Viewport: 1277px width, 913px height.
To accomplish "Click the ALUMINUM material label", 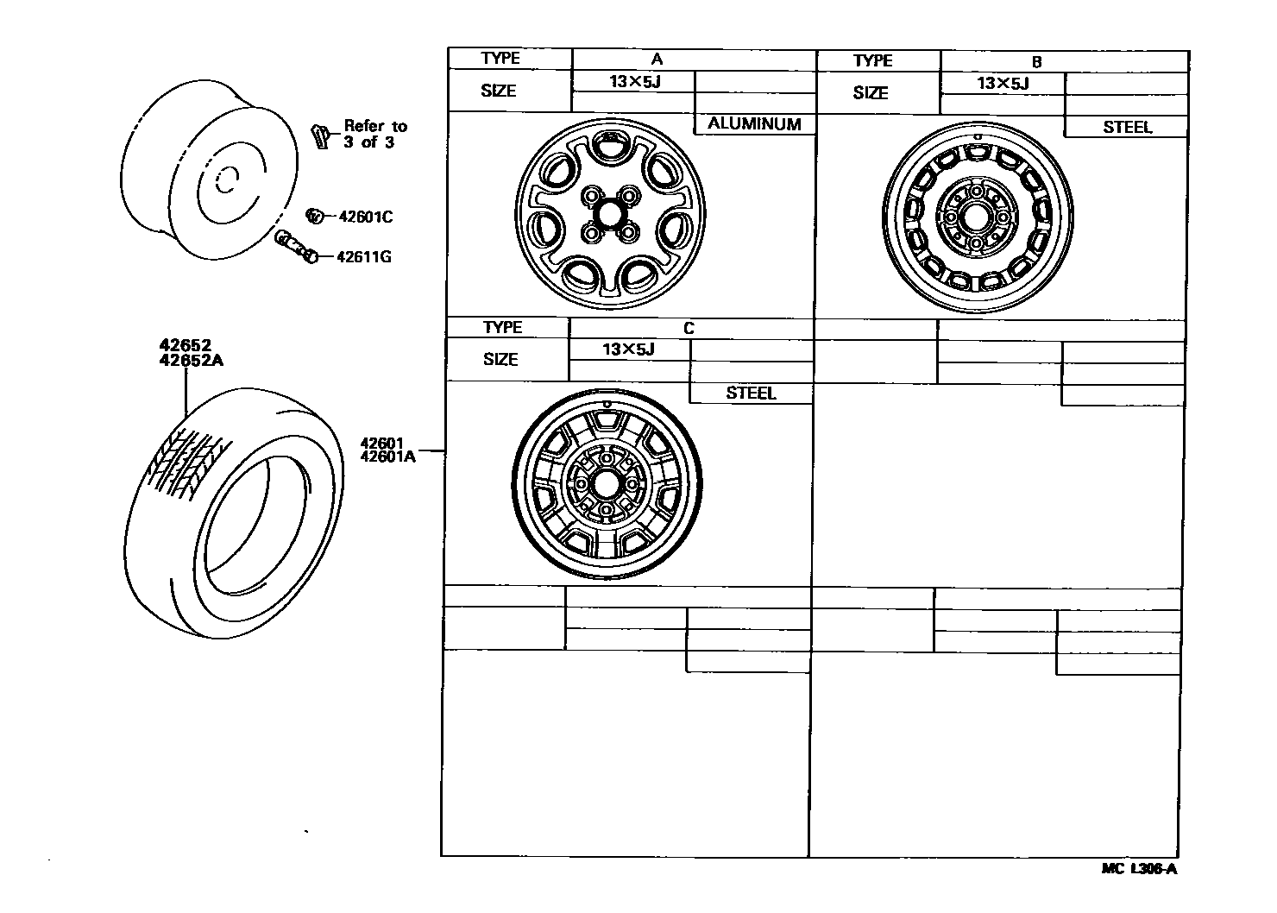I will click(754, 124).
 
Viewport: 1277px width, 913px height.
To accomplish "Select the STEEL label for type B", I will click(1127, 127).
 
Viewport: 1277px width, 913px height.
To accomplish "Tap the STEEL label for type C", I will click(751, 394).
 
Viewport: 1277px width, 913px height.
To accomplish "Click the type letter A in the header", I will click(657, 60).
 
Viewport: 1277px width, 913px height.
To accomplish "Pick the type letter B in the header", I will click(1036, 62).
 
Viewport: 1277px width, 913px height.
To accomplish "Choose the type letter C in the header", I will click(689, 329).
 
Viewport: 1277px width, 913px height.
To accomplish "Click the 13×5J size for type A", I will click(632, 82).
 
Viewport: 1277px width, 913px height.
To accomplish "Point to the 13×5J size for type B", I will click(1003, 84).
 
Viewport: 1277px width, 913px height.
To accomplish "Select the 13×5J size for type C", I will click(628, 349).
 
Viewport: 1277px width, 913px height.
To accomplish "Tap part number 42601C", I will click(364, 217).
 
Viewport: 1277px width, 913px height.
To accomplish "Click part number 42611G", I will click(364, 256).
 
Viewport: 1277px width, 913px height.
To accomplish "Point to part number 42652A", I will click(191, 361).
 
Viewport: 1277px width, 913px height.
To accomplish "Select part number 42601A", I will click(388, 457).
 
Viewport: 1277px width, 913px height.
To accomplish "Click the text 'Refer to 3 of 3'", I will click(374, 135).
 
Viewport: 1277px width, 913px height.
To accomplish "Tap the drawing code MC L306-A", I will click(1139, 869).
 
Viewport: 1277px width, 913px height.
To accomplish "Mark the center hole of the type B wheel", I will click(976, 217).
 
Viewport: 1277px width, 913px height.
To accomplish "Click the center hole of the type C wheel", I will click(606, 484).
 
